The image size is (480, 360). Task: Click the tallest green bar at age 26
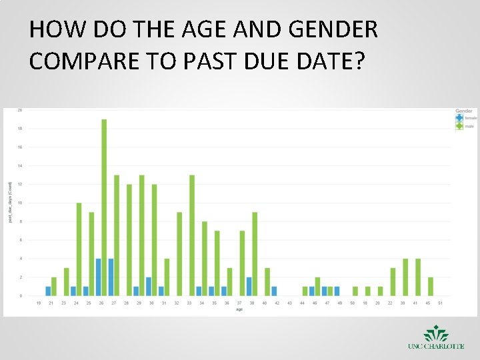104,207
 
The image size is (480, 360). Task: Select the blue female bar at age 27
111,277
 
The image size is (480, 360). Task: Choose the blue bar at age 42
274,291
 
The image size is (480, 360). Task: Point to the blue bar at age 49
337,291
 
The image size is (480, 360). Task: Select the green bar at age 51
431,287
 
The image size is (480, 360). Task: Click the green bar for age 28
129,240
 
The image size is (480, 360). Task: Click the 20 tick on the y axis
19,110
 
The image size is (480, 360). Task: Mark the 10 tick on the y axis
19,203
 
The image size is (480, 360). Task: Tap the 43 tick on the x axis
289,303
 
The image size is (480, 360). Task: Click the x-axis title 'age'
238,309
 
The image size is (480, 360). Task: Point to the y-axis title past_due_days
9,201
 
